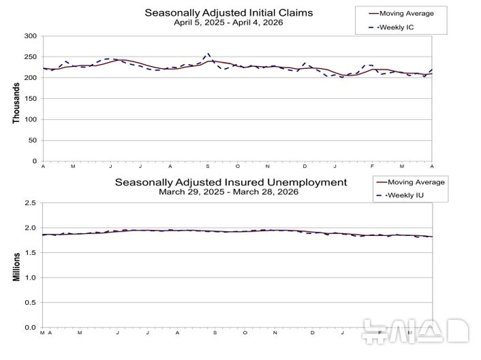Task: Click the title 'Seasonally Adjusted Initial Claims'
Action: (228, 12)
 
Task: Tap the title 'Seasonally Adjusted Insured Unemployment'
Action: (230, 182)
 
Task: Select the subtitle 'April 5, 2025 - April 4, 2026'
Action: (228, 22)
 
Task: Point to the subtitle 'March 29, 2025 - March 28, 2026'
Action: (230, 192)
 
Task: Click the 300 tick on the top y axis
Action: (30, 35)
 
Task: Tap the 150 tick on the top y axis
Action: (30, 98)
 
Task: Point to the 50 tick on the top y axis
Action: (32, 140)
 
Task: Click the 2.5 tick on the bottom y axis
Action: (31, 203)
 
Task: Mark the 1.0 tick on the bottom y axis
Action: (31, 277)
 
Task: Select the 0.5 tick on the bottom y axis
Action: (31, 303)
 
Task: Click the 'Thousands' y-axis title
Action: (16, 104)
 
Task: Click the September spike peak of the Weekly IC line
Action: (208, 52)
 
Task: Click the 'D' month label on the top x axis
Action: (305, 166)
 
